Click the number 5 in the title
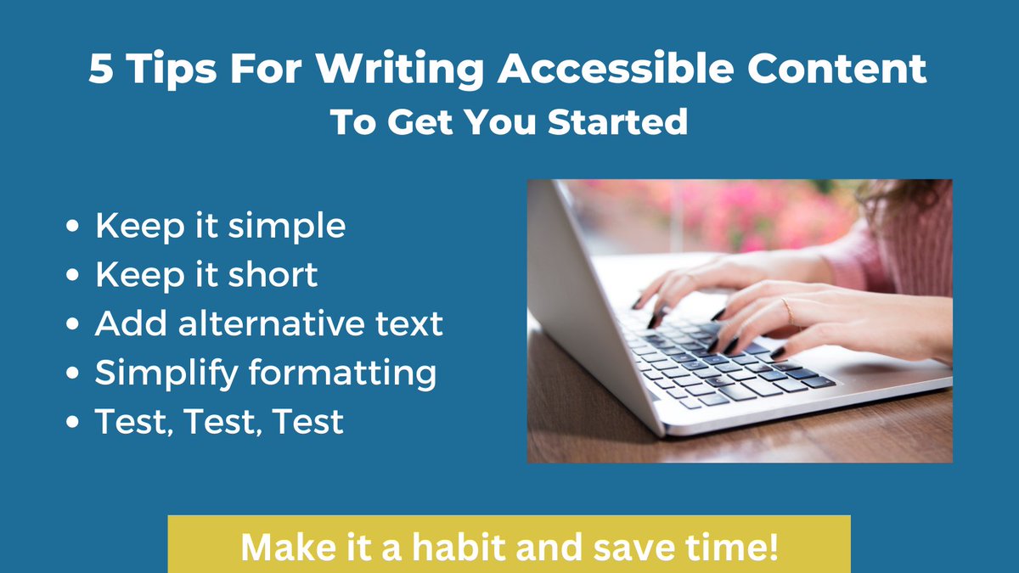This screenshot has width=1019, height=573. click(x=101, y=70)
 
